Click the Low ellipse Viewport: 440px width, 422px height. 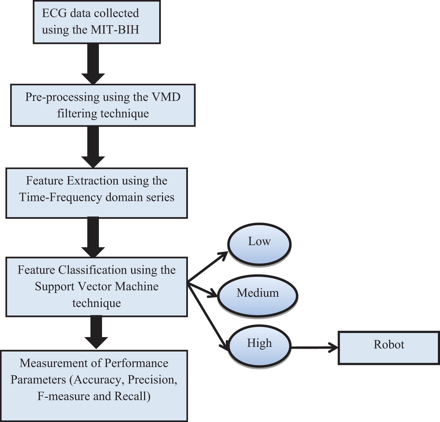point(259,243)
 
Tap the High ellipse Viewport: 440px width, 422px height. point(259,345)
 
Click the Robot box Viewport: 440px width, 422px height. point(388,347)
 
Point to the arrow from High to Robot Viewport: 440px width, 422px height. point(314,348)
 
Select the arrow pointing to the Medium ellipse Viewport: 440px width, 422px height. point(203,289)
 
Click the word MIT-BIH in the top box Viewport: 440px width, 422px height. point(115,29)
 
